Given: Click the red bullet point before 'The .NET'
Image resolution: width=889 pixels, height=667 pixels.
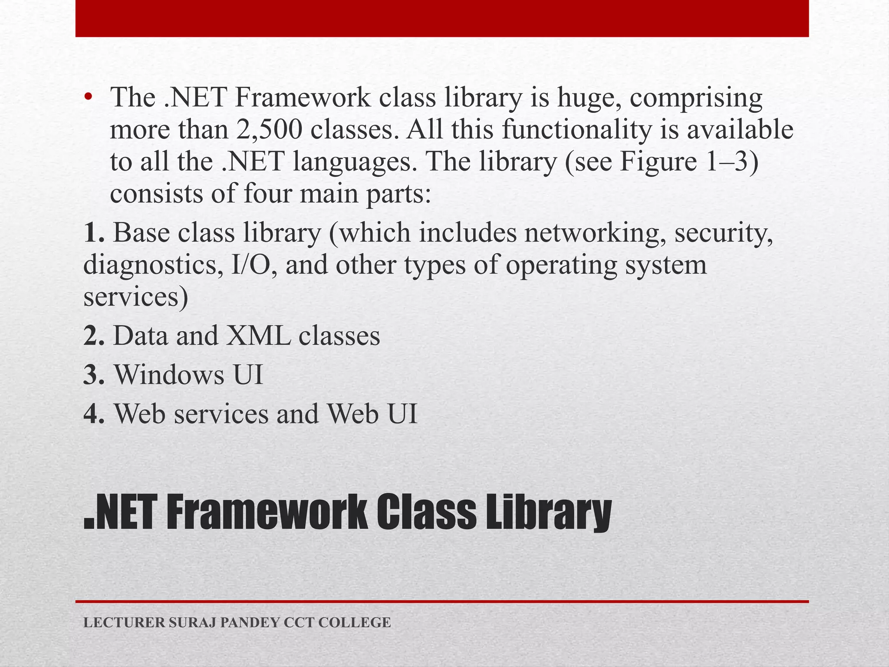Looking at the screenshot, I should [x=89, y=98].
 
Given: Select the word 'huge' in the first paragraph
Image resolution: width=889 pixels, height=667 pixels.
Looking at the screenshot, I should [x=588, y=98].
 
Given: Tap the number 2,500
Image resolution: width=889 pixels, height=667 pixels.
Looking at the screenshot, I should [x=269, y=130].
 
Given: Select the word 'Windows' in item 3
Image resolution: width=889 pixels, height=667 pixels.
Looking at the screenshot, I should [x=169, y=375].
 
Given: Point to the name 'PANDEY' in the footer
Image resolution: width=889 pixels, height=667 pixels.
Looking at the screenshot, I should [x=250, y=623].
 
